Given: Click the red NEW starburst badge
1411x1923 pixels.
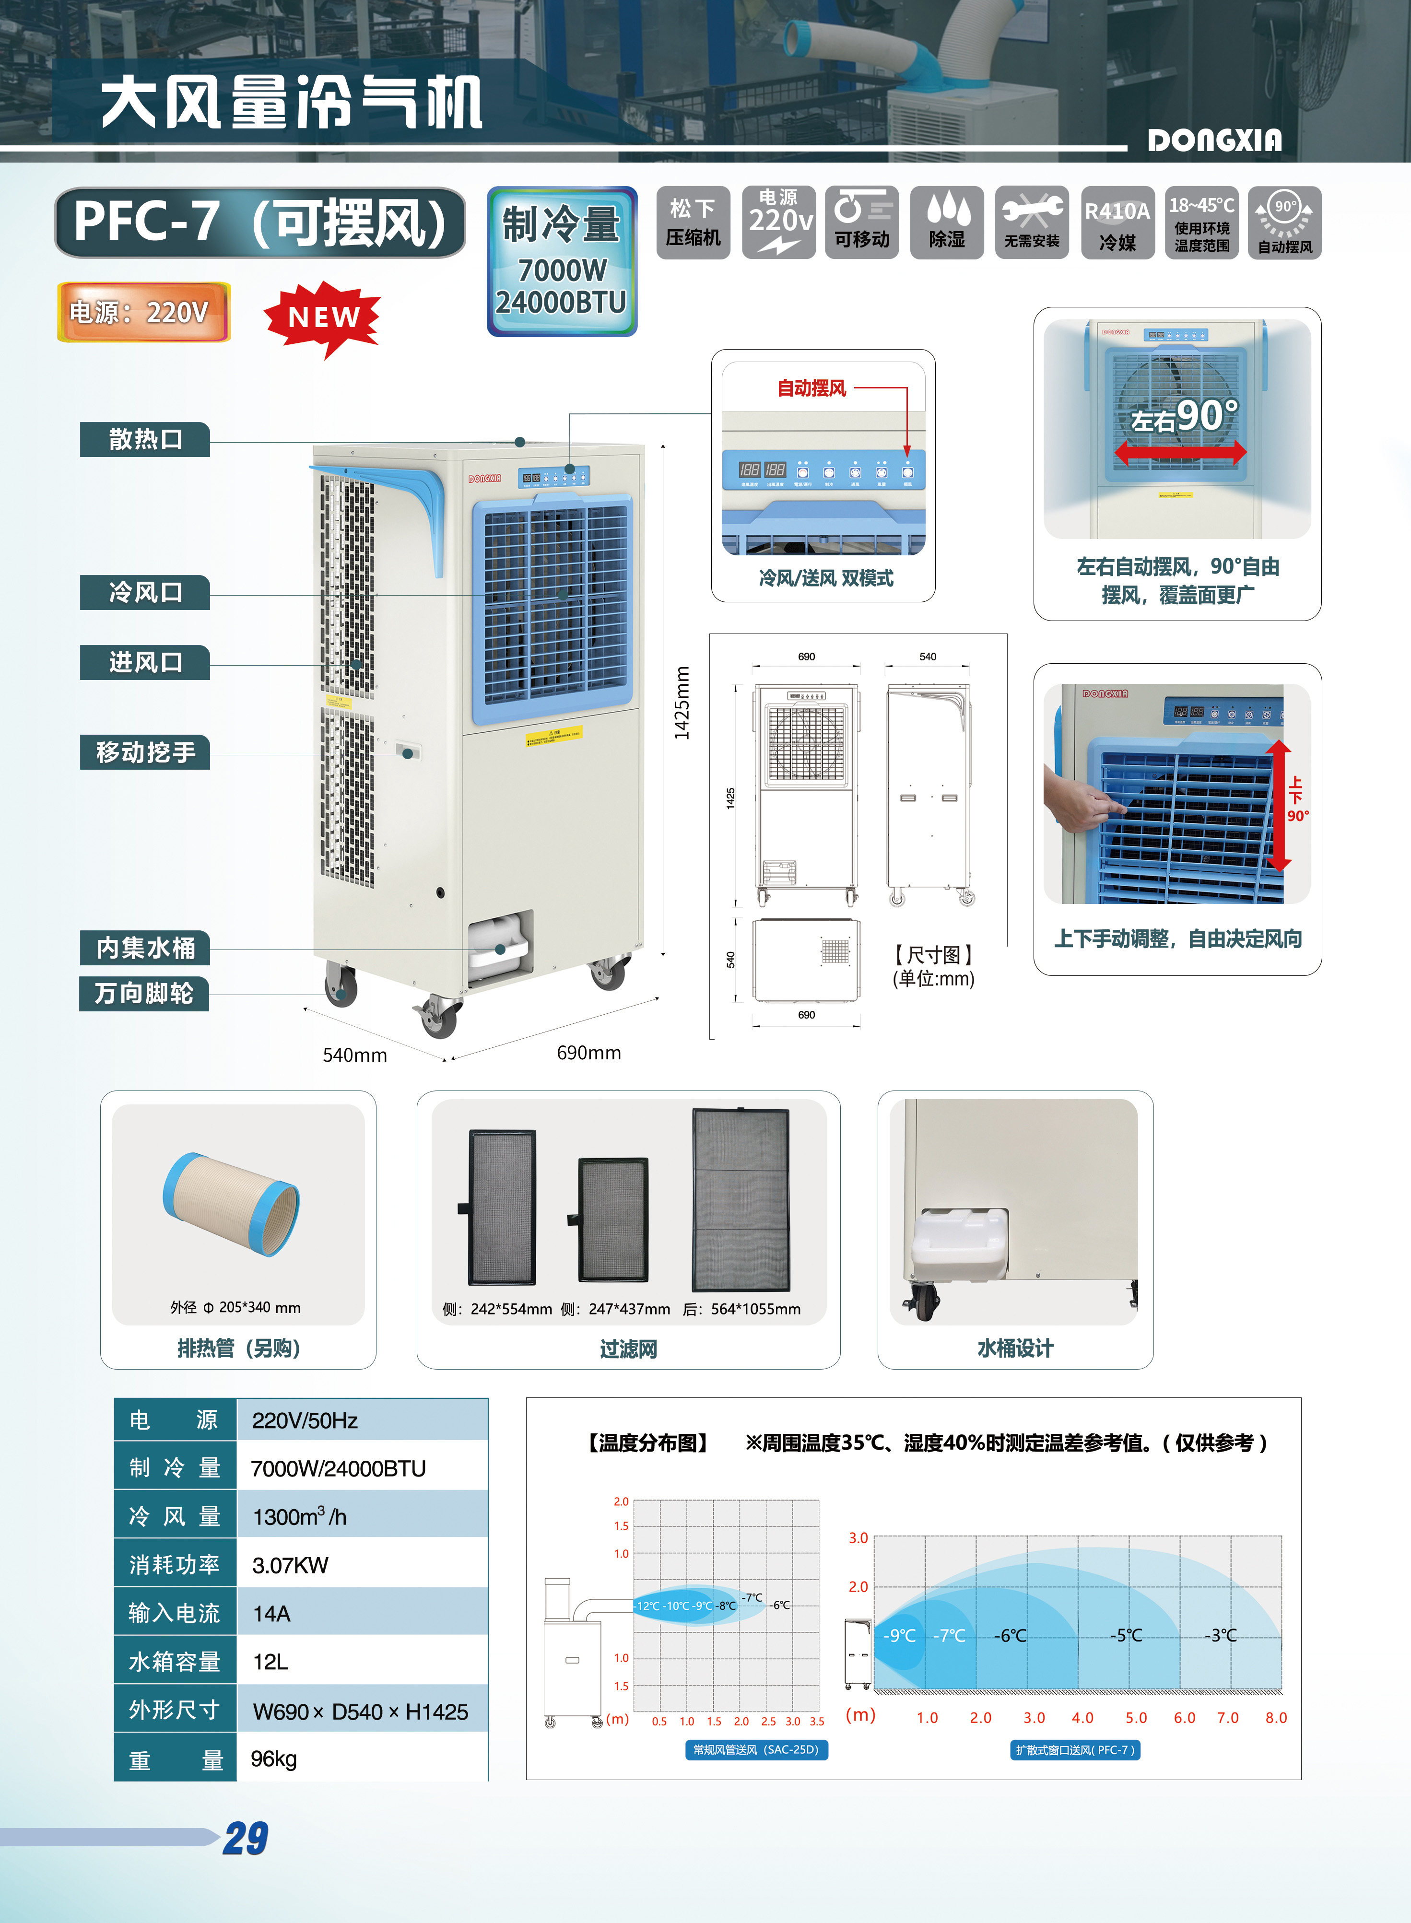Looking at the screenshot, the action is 323,317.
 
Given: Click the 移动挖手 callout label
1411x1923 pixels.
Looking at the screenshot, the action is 145,752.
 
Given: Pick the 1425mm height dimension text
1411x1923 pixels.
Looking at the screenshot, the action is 682,703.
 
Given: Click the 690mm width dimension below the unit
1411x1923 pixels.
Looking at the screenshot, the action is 588,1053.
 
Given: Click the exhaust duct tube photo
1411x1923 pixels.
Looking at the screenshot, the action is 231,1204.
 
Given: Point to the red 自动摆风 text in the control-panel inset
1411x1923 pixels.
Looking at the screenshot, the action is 811,388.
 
